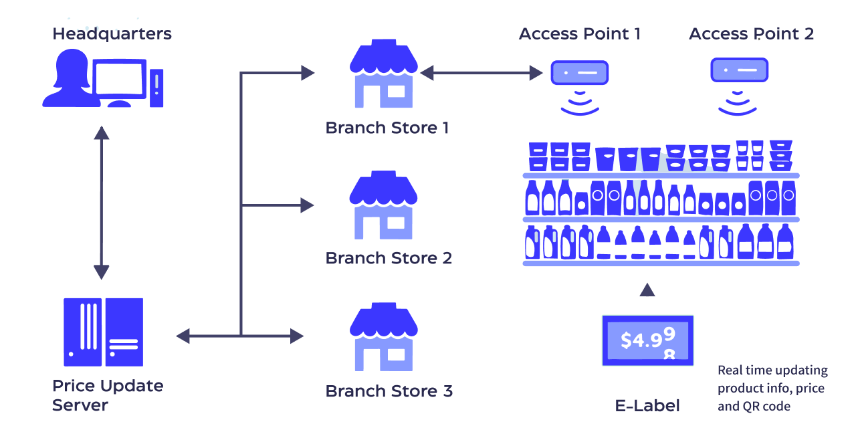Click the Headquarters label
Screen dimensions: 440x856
point(112,33)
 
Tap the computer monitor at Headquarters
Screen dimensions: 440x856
point(120,79)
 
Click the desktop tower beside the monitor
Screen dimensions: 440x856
point(156,87)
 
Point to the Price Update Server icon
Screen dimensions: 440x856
point(104,332)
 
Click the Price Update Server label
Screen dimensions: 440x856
point(107,395)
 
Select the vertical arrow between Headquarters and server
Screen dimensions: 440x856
point(102,203)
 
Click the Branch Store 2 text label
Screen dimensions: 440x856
point(389,258)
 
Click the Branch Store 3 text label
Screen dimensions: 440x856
point(389,391)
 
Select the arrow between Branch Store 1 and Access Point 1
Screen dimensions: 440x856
point(482,72)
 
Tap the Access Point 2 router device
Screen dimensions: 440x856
point(738,69)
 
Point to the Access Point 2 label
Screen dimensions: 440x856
point(751,34)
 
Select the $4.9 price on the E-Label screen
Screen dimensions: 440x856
point(639,340)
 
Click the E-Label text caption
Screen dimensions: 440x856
point(647,405)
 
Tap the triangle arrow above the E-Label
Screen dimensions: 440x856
point(647,290)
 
